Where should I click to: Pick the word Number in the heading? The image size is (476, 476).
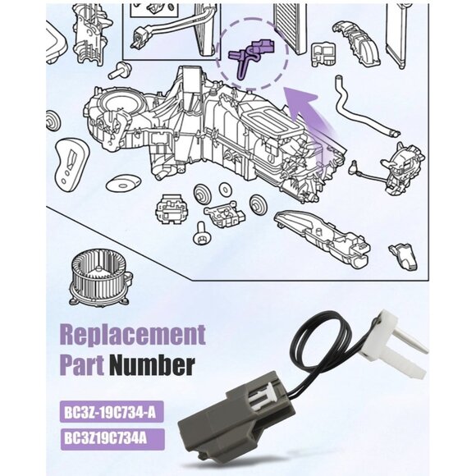click(x=153, y=363)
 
